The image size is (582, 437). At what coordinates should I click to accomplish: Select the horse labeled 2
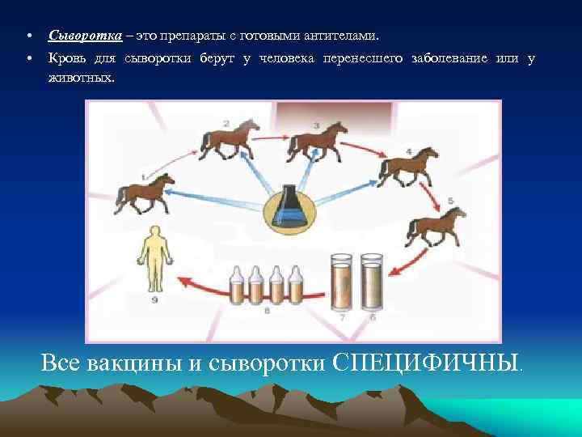(x=230, y=140)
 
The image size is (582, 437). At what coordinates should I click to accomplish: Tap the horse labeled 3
(x=318, y=142)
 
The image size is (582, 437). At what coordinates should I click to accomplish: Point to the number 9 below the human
(x=154, y=300)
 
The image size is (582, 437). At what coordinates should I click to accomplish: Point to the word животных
(x=82, y=78)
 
